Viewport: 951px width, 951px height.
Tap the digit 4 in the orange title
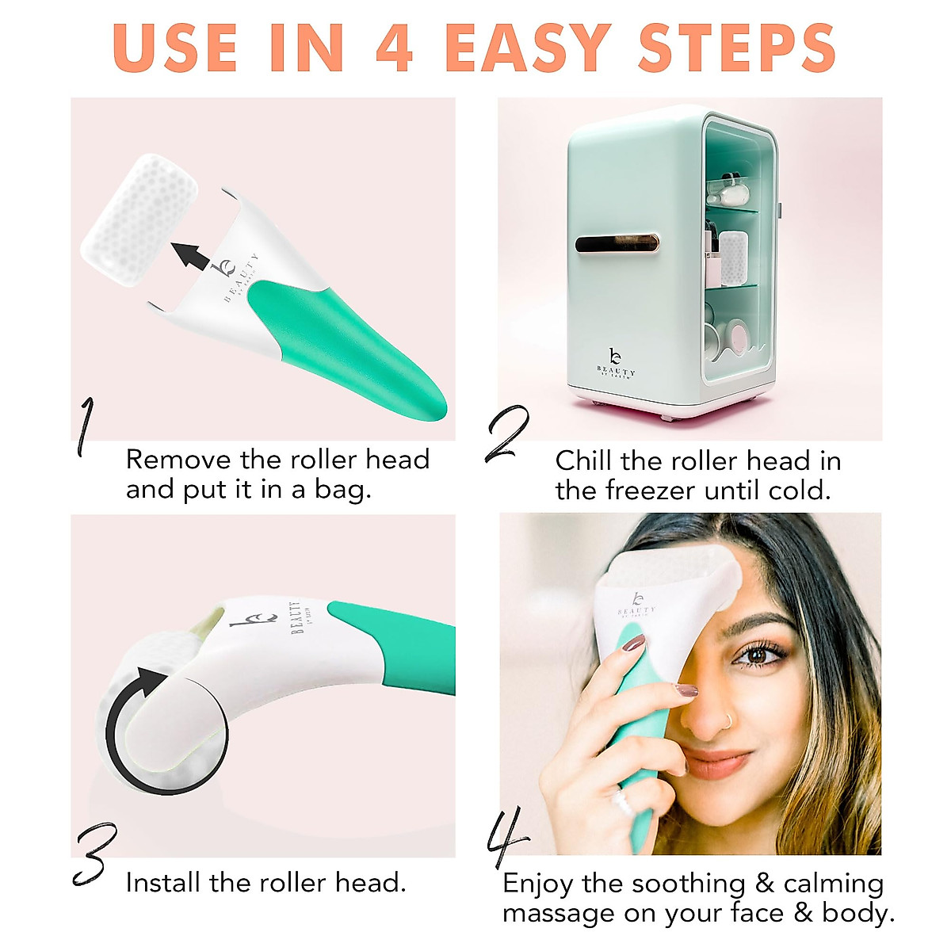click(394, 48)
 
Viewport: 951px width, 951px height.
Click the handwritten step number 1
click(86, 427)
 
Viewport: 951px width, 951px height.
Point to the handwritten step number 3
click(94, 854)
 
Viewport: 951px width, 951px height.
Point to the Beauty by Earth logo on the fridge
click(615, 364)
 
